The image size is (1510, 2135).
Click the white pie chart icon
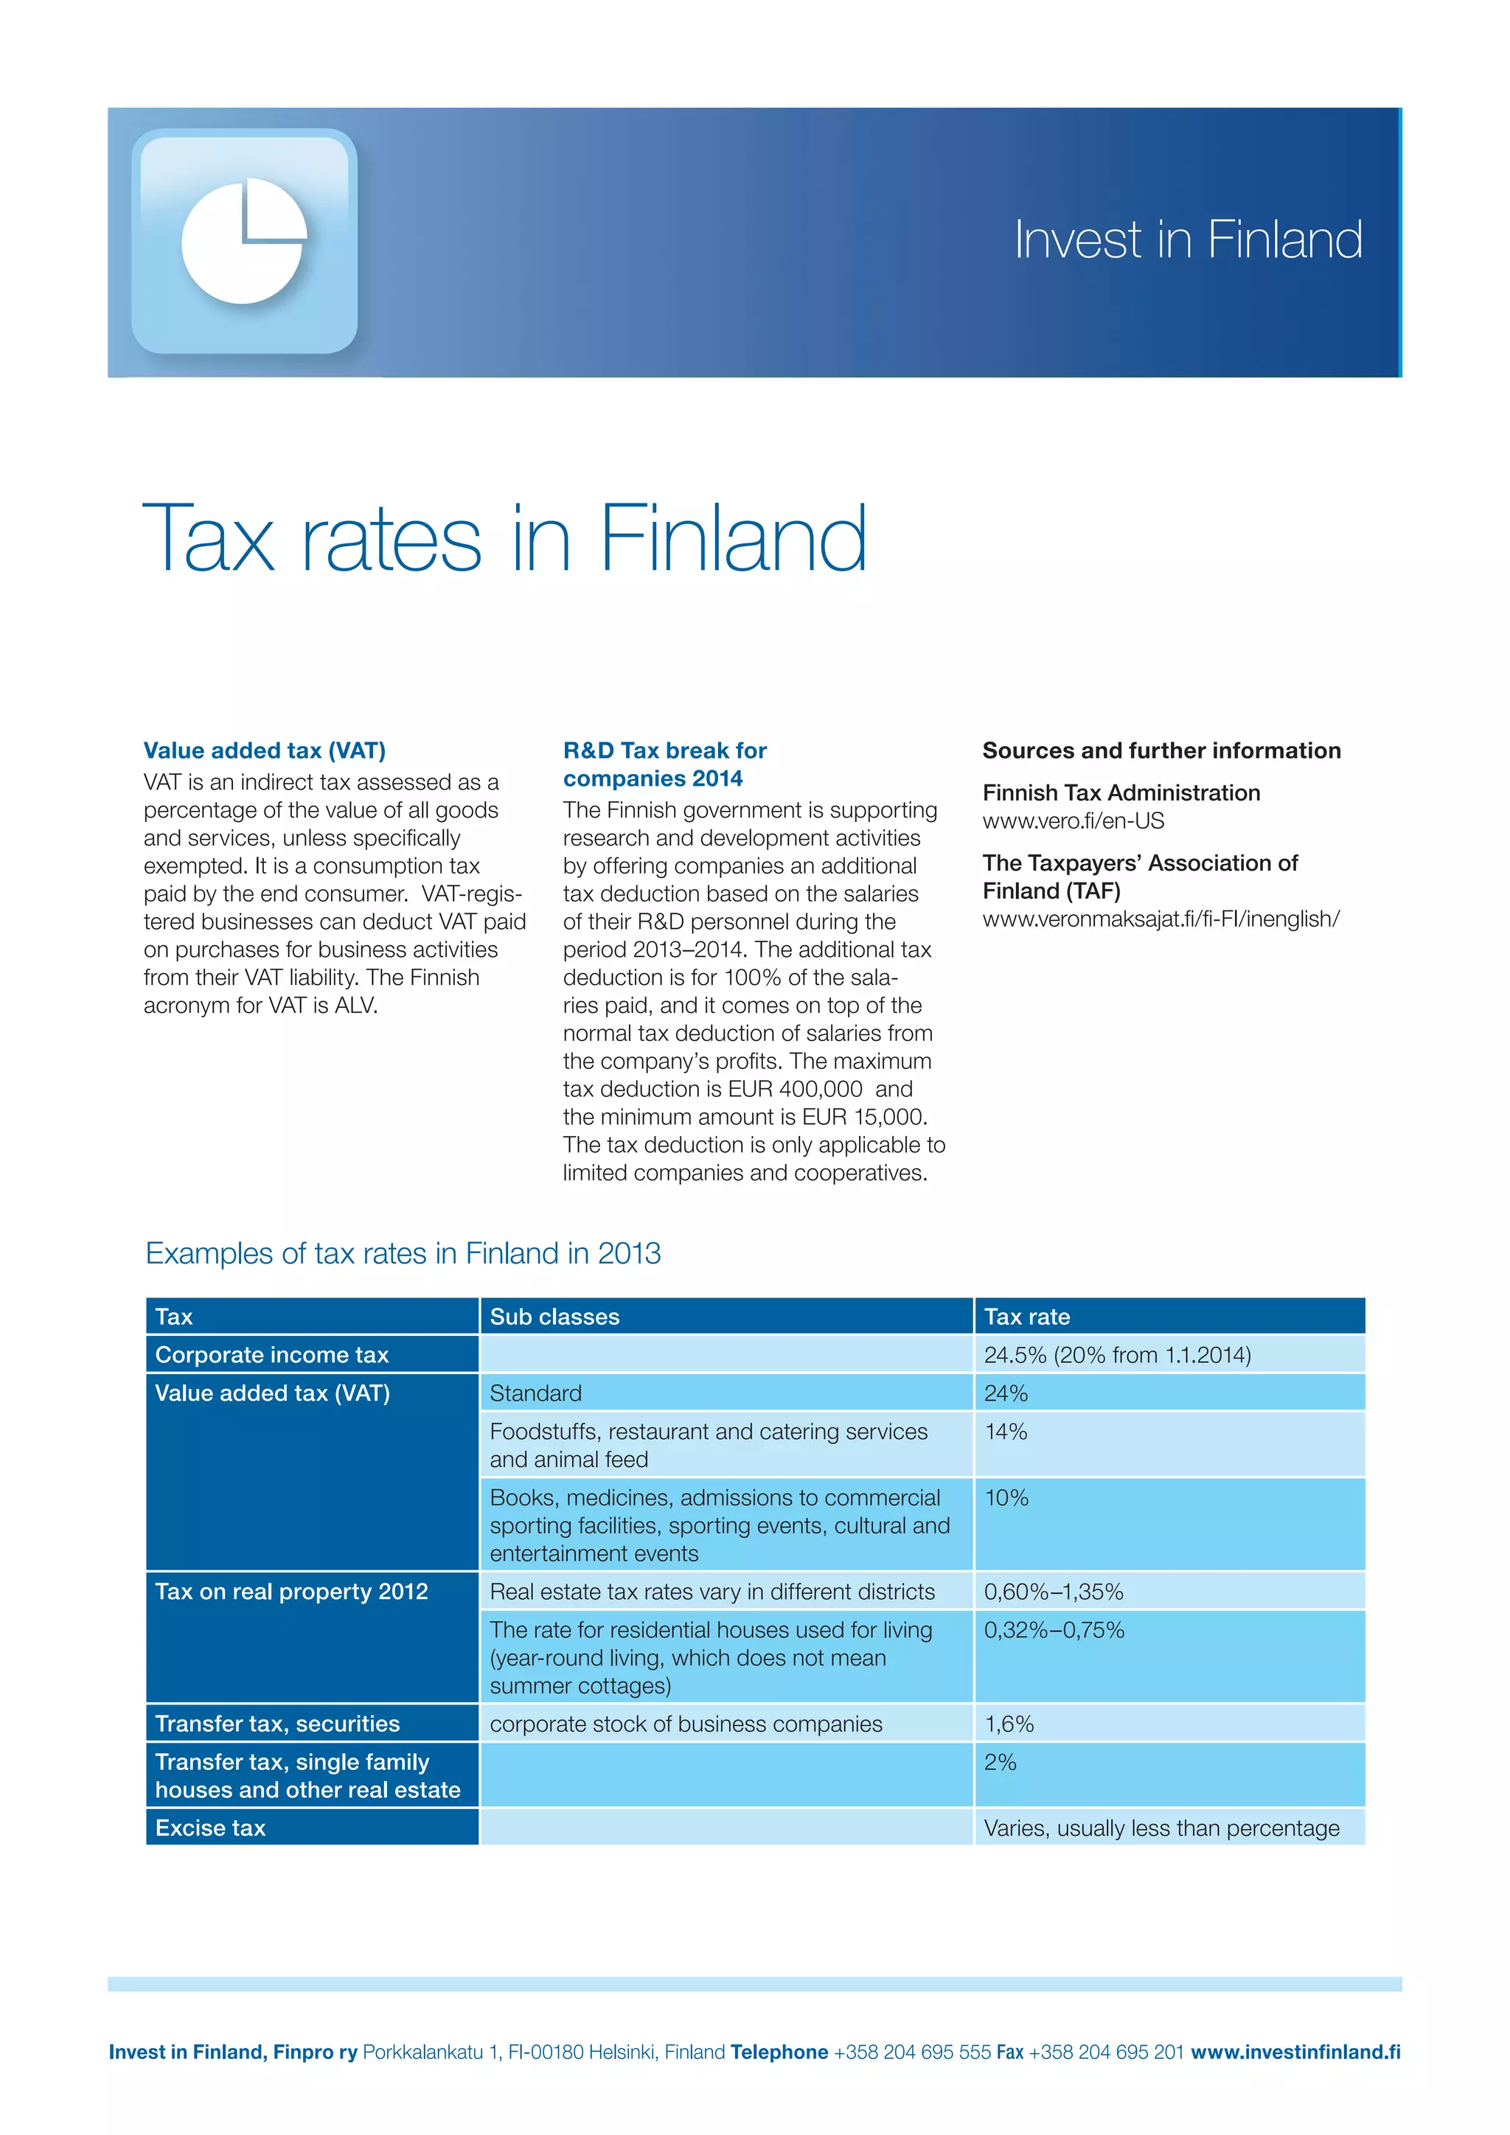pos(243,242)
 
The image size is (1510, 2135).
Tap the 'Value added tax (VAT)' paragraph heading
pos(264,750)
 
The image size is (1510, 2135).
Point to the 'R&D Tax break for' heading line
pos(665,750)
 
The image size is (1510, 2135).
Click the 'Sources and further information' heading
pos(1161,750)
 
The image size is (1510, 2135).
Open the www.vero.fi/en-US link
pos(1073,821)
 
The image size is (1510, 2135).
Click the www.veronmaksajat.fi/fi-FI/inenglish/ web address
pos(1161,919)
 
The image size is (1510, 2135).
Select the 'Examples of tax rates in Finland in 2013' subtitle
pos(403,1253)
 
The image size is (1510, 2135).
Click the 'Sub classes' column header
pos(554,1317)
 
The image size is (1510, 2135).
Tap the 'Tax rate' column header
pos(1026,1317)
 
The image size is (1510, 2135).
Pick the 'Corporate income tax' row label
pos(271,1355)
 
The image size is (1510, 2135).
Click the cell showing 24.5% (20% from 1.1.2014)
pos(1117,1355)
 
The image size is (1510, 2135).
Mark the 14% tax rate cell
pos(1006,1432)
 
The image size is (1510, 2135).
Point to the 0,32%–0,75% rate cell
pos(1054,1630)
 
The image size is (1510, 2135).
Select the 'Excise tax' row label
pos(210,1828)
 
